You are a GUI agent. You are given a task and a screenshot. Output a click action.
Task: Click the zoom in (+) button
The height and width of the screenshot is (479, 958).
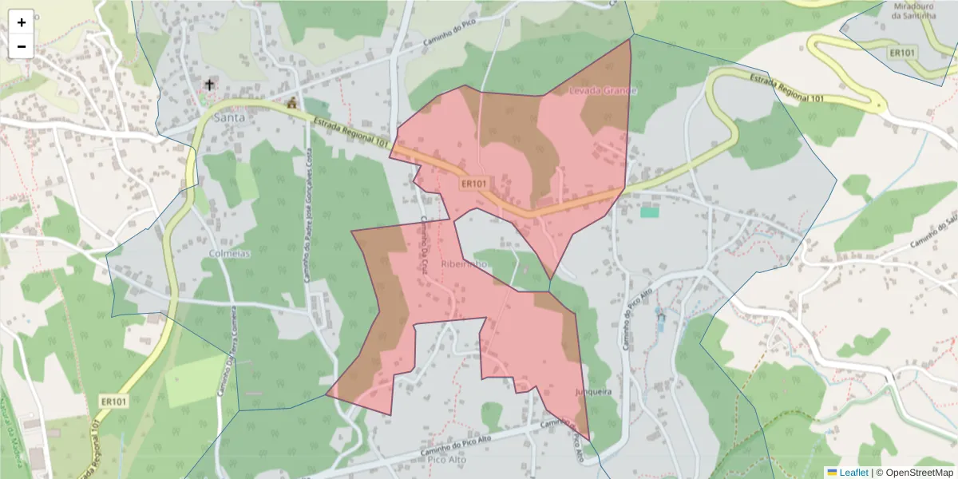22,22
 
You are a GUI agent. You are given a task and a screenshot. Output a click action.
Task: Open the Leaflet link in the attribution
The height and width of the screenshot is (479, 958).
853,473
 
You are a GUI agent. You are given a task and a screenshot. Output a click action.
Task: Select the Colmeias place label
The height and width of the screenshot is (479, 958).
229,253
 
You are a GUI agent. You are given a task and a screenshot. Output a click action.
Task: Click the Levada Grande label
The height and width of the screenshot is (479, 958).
603,91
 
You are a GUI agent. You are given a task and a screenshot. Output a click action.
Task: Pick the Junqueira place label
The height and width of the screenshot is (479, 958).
592,392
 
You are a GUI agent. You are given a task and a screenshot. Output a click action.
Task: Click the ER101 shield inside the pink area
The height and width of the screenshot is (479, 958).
473,184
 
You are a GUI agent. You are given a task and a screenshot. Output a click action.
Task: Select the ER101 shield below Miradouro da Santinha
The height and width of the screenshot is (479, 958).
904,53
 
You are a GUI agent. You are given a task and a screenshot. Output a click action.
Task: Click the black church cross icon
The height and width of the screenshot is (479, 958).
210,85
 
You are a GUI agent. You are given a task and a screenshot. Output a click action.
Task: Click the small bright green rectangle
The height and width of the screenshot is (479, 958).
650,212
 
